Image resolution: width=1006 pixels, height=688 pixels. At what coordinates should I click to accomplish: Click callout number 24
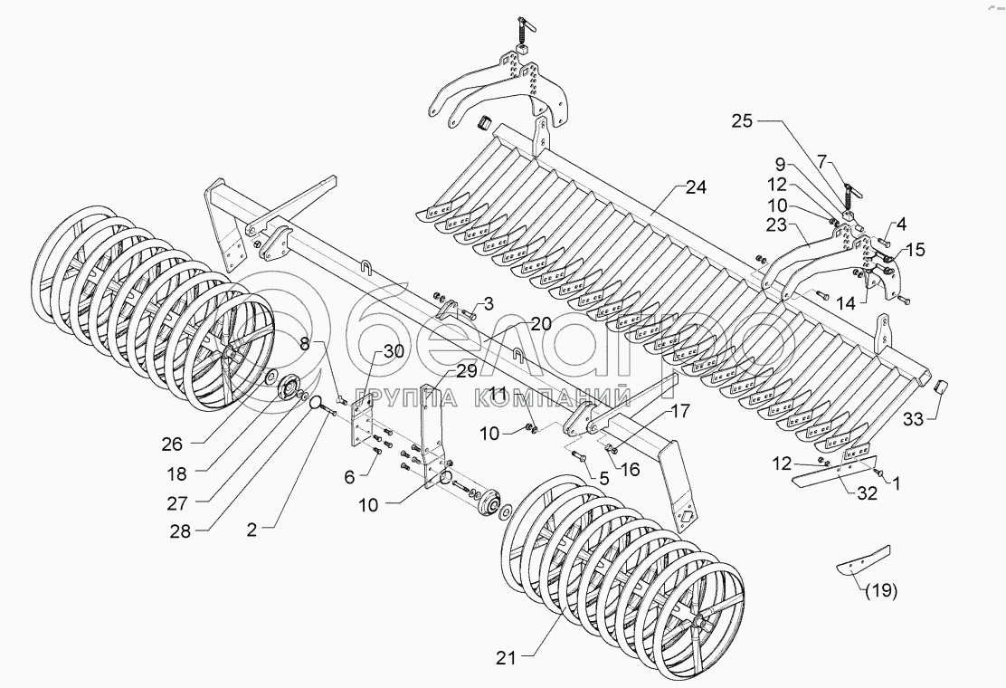point(696,189)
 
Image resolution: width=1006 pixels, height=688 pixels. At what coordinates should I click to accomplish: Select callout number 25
point(742,120)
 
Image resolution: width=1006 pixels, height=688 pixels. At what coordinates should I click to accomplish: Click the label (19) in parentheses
point(881,592)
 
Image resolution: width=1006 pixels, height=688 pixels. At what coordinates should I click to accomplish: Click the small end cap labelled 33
point(939,389)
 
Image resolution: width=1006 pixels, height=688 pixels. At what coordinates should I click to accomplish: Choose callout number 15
point(916,249)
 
